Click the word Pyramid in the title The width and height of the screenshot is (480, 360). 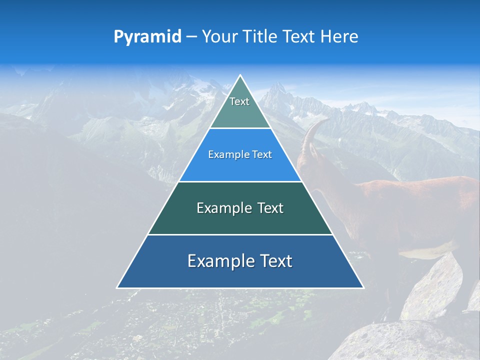[147, 37]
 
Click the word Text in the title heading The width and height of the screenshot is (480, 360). [300, 36]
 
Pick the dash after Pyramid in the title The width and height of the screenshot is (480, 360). [191, 37]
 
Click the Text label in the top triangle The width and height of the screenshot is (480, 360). [239, 101]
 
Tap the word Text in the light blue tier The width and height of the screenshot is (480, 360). [262, 155]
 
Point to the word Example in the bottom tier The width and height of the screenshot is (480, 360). [220, 261]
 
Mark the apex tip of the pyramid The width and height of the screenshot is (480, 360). [240, 76]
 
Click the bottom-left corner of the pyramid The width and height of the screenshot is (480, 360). [118, 287]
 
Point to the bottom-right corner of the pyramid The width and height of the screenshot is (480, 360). [362, 287]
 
